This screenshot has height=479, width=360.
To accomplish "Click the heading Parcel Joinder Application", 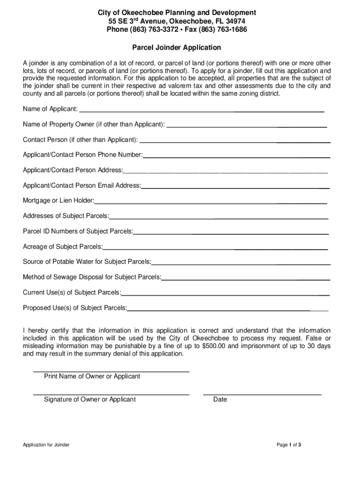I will click(x=176, y=48).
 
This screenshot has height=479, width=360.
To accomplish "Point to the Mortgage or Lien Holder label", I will click(x=58, y=201).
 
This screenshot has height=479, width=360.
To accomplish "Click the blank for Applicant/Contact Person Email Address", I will click(x=235, y=188).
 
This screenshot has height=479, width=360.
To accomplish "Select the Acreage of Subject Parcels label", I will click(x=63, y=247).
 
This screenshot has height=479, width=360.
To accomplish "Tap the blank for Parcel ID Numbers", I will click(x=231, y=233).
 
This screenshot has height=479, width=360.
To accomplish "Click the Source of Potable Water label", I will click(x=87, y=261).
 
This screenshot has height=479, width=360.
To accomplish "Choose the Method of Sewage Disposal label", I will click(x=92, y=277).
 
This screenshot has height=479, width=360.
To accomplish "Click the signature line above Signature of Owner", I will click(x=111, y=394).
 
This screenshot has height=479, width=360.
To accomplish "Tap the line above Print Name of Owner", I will click(x=111, y=371).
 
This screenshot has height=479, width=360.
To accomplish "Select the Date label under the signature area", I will click(x=220, y=399).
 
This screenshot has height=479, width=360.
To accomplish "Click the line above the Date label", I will click(x=262, y=394).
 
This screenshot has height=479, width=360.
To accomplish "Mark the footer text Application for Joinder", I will click(x=46, y=445).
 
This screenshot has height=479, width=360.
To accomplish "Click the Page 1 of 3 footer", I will click(x=288, y=445).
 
